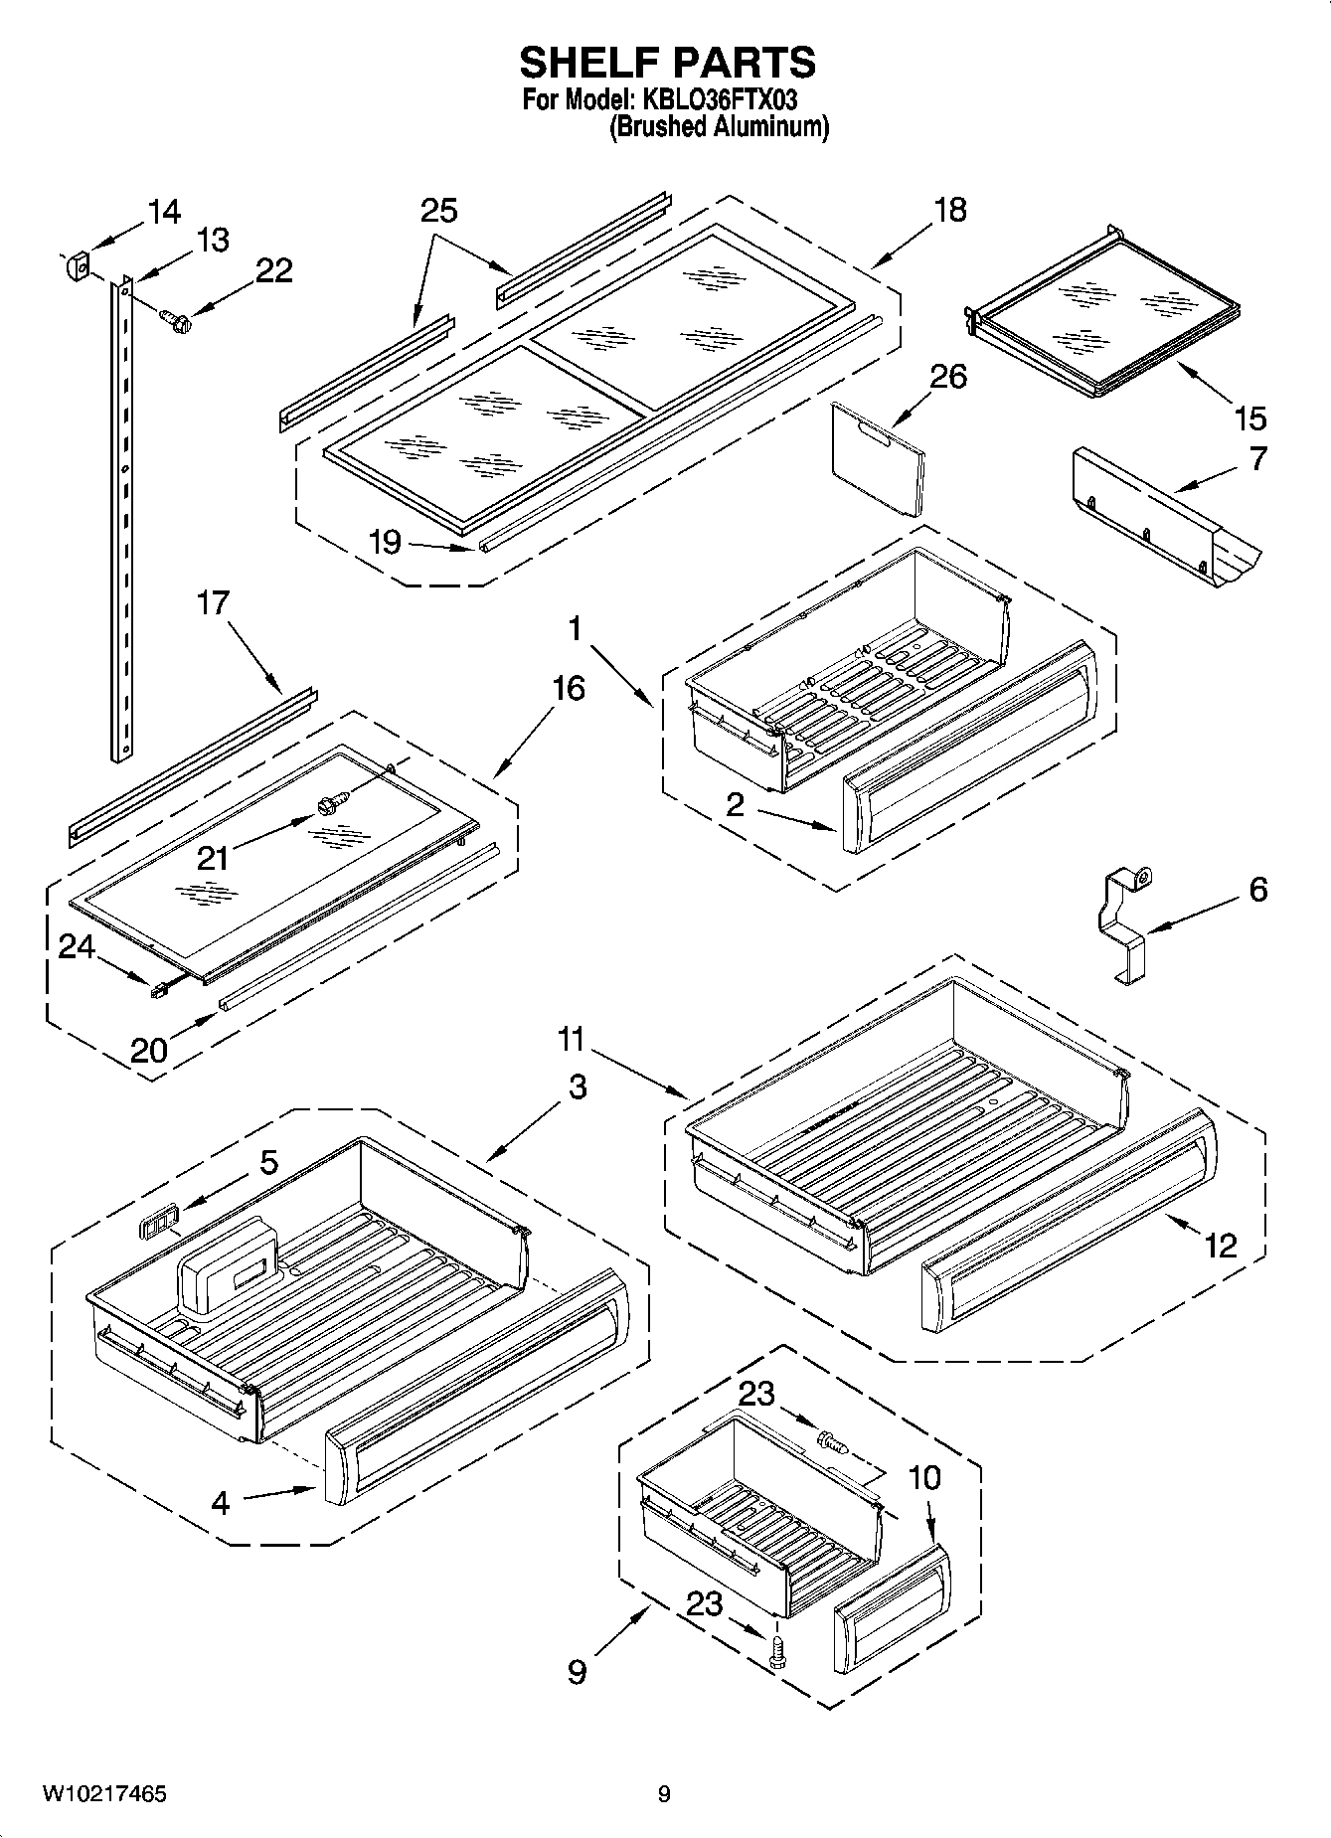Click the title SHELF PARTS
point(667,63)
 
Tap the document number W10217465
point(103,1794)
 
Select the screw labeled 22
point(175,320)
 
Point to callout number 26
point(947,377)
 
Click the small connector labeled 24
point(156,989)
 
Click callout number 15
point(1249,418)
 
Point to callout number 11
point(571,1040)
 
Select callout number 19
point(385,542)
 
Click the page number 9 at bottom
point(664,1794)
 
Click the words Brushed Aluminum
point(718,126)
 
